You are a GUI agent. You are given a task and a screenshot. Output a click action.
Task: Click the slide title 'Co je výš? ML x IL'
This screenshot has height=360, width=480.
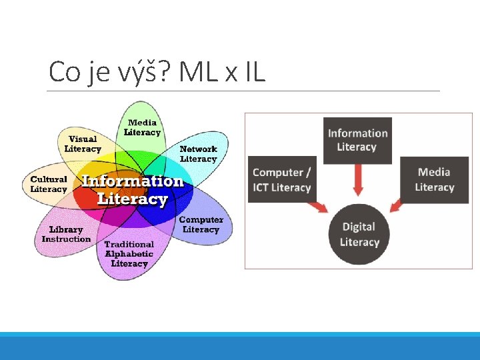coord(157,72)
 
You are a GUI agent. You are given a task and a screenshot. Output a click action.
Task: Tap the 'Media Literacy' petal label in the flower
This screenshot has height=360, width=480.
coord(142,127)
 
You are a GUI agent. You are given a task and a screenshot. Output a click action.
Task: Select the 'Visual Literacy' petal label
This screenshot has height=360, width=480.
coord(83,144)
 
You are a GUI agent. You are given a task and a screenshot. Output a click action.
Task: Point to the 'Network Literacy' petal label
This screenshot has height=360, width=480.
coord(199,154)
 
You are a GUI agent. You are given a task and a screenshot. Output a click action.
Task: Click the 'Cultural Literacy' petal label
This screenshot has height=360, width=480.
coord(49,184)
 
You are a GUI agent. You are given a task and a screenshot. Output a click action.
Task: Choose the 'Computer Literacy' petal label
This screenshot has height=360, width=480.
coord(201,225)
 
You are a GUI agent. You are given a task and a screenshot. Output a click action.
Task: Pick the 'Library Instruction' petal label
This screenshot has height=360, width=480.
coord(66,235)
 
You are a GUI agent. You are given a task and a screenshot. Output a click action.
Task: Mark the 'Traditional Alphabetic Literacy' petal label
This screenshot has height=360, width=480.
coord(129,254)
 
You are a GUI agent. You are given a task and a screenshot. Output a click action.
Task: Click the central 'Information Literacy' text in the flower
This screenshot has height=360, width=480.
coord(132,190)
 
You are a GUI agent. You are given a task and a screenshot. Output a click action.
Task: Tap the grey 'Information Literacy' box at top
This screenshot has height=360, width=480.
coord(357,140)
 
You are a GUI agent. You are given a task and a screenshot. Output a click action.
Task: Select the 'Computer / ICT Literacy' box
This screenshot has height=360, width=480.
coord(282,180)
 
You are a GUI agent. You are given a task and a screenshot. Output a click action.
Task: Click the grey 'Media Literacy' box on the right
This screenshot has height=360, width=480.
coord(434,179)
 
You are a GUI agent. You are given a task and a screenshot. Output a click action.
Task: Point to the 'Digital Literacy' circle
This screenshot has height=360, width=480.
coord(359,234)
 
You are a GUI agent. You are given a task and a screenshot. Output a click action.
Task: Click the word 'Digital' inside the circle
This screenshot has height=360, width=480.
coord(359,227)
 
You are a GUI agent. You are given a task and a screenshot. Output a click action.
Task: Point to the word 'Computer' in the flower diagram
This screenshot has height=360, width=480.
coord(201,220)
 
